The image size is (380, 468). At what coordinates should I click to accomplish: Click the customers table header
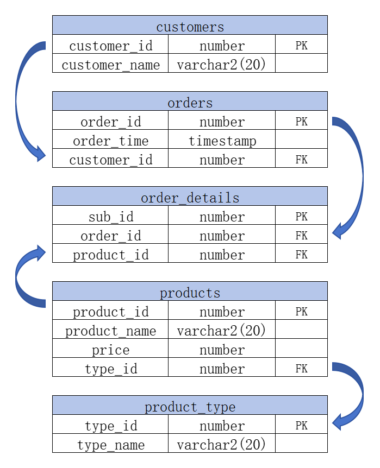click(x=190, y=25)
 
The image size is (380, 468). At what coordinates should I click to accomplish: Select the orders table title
click(x=190, y=101)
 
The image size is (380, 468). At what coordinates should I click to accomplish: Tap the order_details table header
click(x=190, y=196)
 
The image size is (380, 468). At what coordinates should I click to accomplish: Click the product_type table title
click(x=190, y=406)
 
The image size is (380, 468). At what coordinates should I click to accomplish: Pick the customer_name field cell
click(x=110, y=63)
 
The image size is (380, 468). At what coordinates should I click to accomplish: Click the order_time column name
click(x=110, y=139)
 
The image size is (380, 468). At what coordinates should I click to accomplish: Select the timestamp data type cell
click(x=222, y=139)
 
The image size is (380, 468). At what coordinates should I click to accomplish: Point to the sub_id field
click(x=110, y=215)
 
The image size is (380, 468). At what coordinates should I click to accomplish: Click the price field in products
click(x=110, y=349)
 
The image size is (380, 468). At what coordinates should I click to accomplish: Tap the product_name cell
click(x=110, y=329)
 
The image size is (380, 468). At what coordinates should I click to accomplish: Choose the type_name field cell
click(x=110, y=443)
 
